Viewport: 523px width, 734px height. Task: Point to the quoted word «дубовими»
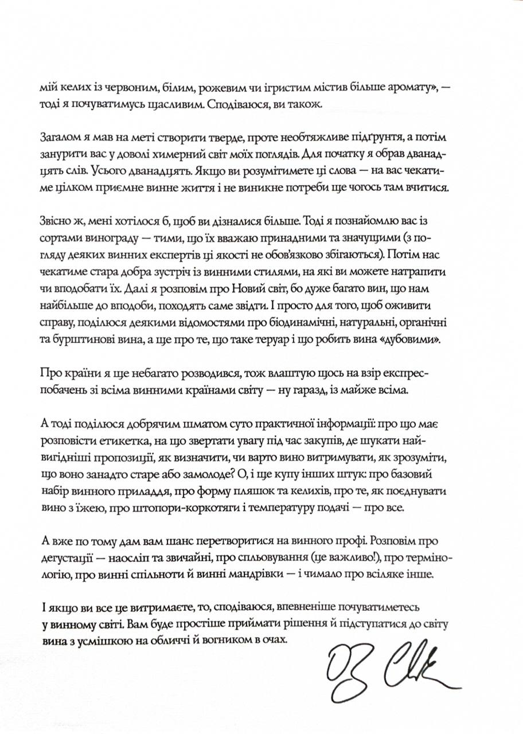pyautogui.click(x=409, y=339)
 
